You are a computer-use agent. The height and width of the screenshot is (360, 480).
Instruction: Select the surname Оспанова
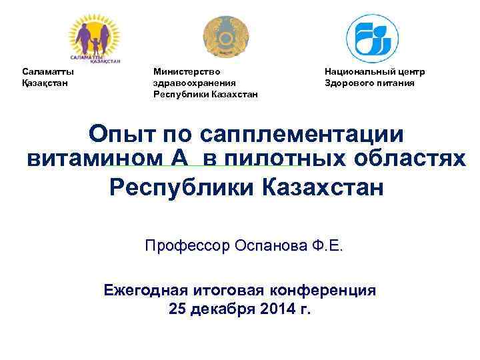(267, 246)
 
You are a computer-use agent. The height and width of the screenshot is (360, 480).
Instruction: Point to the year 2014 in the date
(276, 309)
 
